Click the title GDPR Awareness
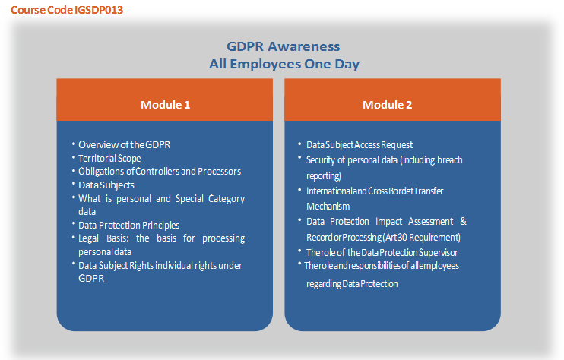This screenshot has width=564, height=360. (x=283, y=46)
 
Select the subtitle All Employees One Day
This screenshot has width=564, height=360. (x=284, y=64)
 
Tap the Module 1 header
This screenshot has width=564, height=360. (x=165, y=105)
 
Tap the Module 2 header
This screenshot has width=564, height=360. (x=387, y=105)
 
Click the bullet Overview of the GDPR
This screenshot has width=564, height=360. (x=125, y=144)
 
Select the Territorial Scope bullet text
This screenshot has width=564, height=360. (x=109, y=159)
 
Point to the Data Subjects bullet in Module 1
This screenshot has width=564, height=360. (x=106, y=185)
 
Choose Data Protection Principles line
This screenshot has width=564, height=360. (x=128, y=226)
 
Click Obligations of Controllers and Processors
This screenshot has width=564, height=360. (x=160, y=172)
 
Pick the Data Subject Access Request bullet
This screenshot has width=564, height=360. (x=360, y=145)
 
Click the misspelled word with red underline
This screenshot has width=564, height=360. (x=401, y=191)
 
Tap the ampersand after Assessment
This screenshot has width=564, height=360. (x=464, y=221)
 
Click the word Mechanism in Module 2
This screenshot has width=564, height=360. (x=328, y=207)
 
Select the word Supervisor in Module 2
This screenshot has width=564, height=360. (x=438, y=253)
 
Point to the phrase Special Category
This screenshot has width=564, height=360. (x=210, y=199)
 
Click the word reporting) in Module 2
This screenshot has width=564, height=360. (x=324, y=176)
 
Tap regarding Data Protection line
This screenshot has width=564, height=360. (x=352, y=284)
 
